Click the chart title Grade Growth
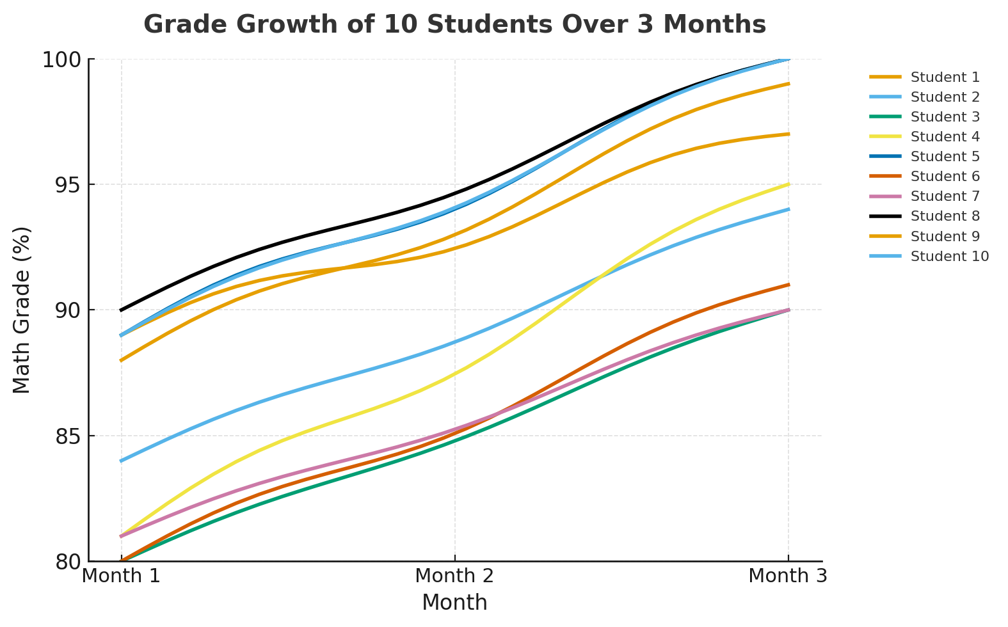tap(454, 25)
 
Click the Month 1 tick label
tap(122, 576)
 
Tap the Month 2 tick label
tap(454, 576)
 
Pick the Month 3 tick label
tap(788, 576)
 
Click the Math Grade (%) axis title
tap(22, 310)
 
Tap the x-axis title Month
tap(454, 603)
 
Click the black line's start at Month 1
tap(122, 310)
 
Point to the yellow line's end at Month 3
tap(788, 185)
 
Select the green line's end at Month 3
tap(788, 310)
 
